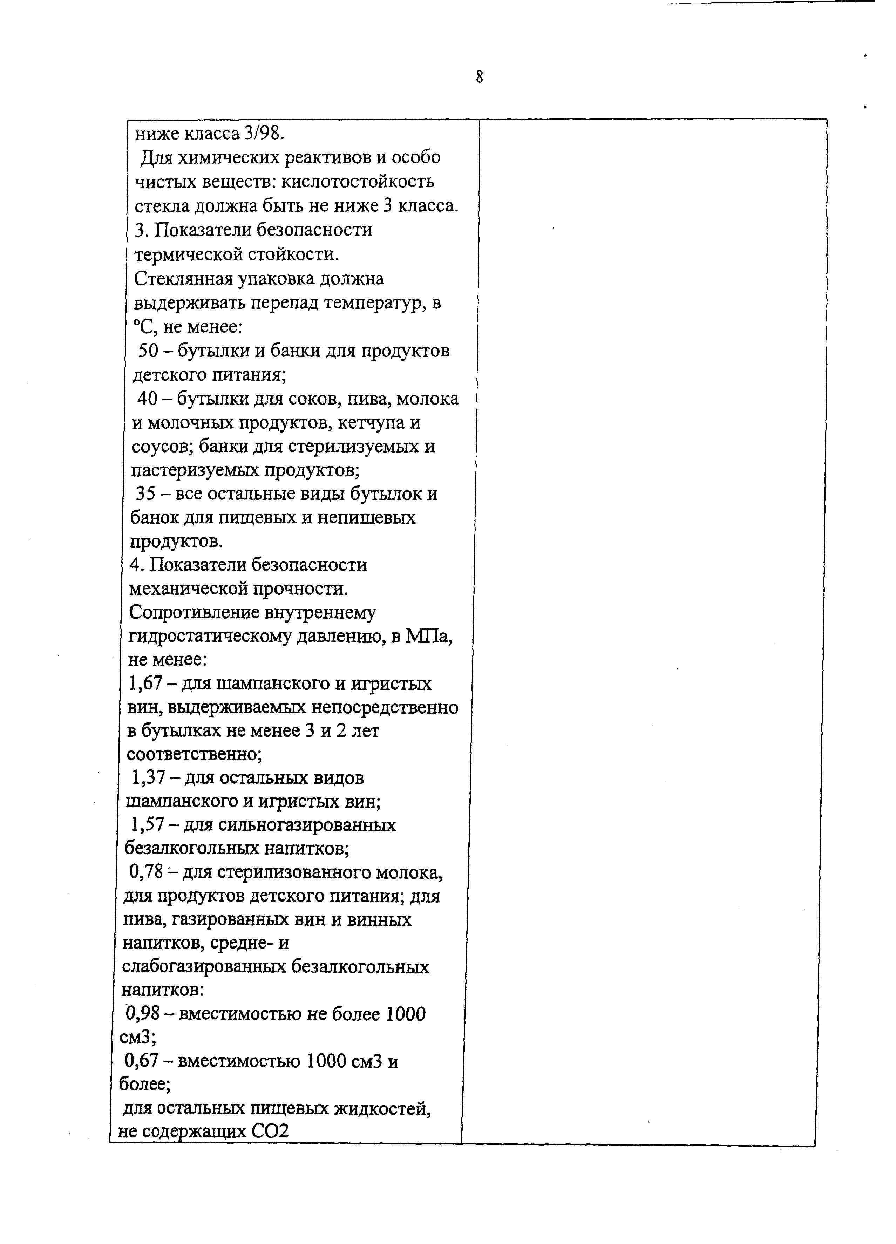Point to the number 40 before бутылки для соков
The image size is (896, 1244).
(147, 399)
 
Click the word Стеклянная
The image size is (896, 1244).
(183, 279)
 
